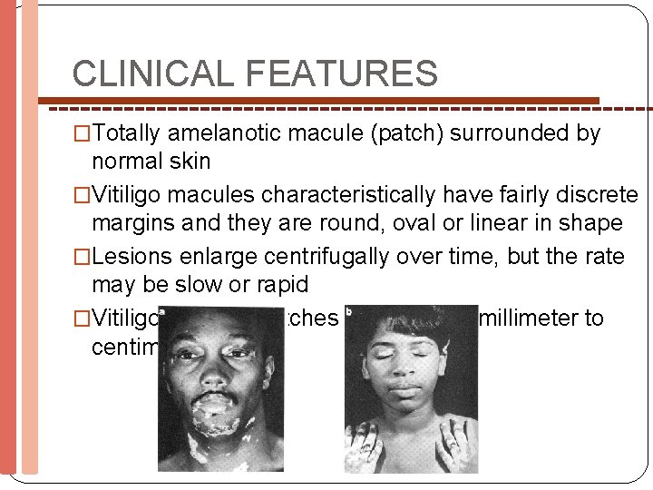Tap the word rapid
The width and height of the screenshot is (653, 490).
[276, 284]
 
